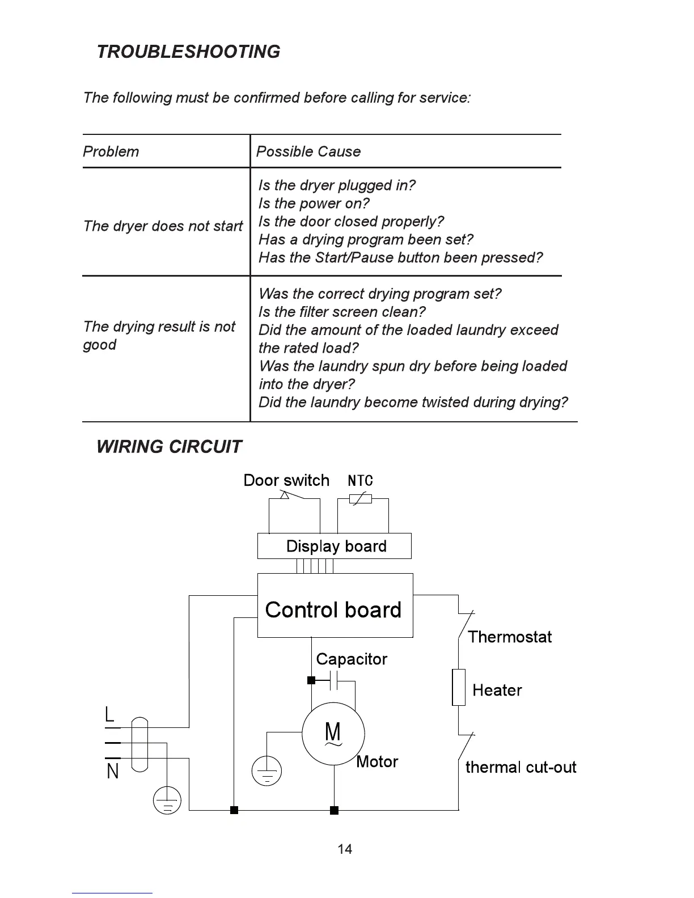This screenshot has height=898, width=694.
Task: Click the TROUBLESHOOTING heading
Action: coord(188,52)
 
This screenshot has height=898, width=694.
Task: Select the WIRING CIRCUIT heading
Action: coord(169,447)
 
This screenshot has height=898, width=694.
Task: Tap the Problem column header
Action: coord(111,151)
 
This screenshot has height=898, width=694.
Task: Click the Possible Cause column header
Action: coord(308,151)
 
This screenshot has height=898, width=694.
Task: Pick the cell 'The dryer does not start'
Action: coord(163,226)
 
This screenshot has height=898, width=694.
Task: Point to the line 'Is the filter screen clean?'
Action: coord(342,312)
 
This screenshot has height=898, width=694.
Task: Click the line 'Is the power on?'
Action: coord(314,203)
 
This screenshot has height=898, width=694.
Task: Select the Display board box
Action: coord(335,546)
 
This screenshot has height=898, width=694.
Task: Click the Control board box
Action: coord(335,605)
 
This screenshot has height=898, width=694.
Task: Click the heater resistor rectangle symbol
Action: coord(459,687)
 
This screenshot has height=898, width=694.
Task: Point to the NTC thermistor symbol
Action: coord(361,499)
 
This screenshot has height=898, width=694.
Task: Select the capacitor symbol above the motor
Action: coord(335,680)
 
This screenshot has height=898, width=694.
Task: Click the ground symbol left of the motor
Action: coord(266,771)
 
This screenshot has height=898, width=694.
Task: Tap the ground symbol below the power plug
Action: coord(167,801)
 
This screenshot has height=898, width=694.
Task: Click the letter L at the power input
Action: coord(110,714)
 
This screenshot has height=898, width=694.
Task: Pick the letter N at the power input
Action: coord(113,772)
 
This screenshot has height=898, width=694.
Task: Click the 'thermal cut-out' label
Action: coord(520,767)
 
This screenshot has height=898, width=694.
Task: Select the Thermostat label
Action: coord(510,637)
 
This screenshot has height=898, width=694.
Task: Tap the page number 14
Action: coord(345,849)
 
